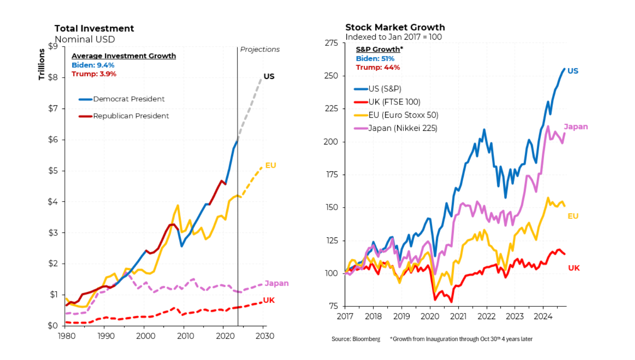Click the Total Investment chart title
click(94, 28)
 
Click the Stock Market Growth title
click(395, 27)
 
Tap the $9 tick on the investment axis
click(53, 46)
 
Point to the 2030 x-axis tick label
click(265, 336)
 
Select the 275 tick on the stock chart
click(331, 43)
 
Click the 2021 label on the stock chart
click(458, 317)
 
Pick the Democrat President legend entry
click(128, 99)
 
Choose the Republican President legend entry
click(131, 116)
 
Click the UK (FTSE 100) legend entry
click(394, 102)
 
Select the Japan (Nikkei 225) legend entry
click(403, 128)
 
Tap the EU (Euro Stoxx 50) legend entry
click(403, 115)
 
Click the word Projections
click(260, 50)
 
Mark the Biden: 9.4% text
click(93, 65)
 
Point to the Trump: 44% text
click(378, 67)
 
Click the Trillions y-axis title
click(41, 64)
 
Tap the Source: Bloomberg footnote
click(355, 339)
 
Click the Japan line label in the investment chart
click(276, 283)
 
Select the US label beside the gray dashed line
click(269, 76)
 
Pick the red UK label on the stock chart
click(573, 268)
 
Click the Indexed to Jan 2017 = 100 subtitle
click(393, 37)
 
